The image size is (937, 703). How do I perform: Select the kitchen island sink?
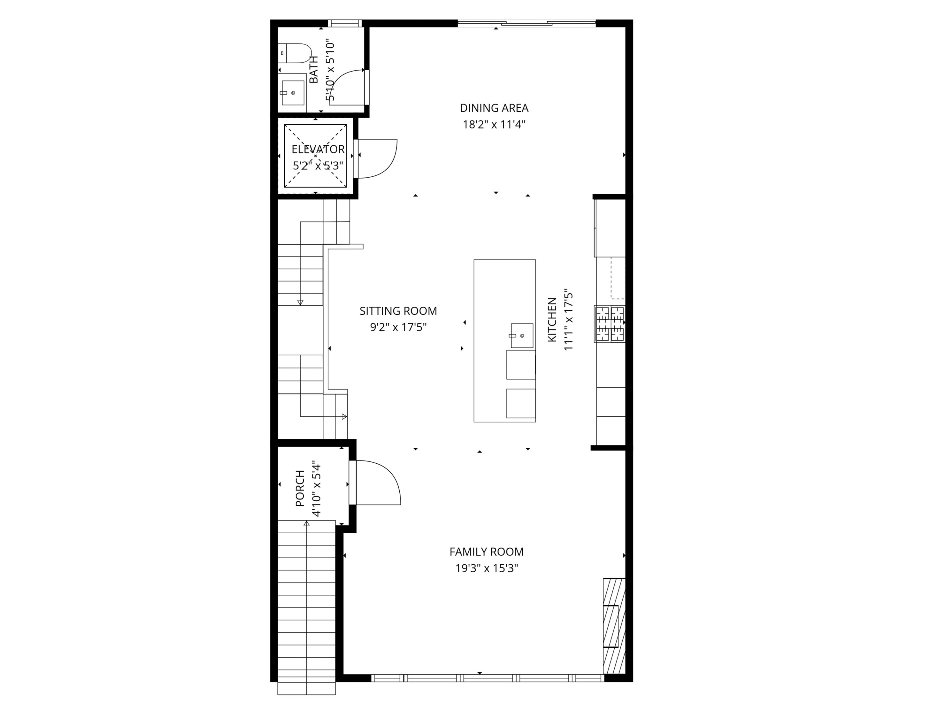tap(522, 336)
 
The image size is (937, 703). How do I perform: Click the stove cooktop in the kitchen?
tap(610, 324)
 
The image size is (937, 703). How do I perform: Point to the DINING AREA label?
tap(494, 108)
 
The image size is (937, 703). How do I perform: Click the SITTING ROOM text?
tap(398, 311)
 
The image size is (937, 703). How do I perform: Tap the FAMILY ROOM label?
tap(486, 552)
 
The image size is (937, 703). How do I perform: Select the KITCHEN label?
tap(552, 320)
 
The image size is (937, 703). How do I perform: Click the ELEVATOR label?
tap(318, 149)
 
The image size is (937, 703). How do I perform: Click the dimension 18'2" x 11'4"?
tap(494, 125)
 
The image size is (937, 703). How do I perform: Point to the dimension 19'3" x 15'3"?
tap(486, 568)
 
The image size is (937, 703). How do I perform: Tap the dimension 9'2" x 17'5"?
tap(398, 328)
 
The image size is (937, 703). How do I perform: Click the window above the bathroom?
tap(344, 24)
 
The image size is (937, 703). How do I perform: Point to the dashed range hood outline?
tap(618, 278)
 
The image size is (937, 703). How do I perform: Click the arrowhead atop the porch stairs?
tap(307, 524)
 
